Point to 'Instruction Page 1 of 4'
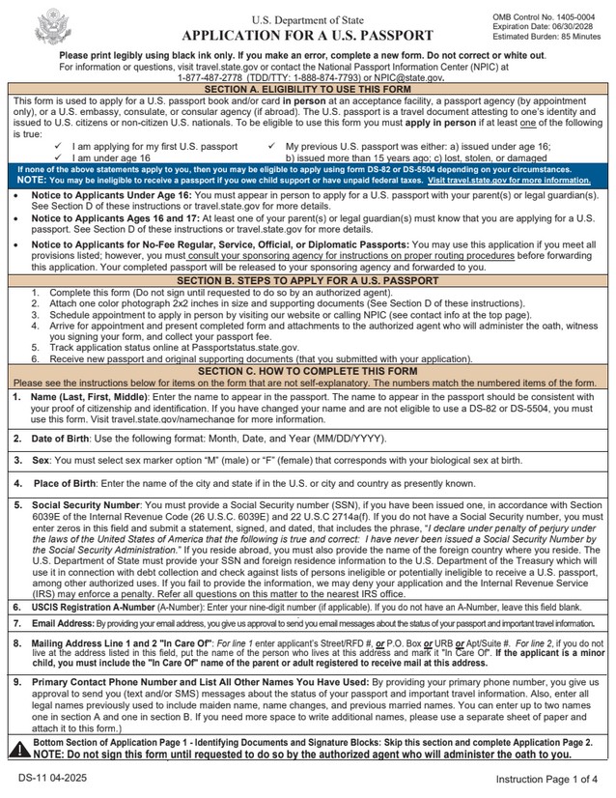click(546, 778)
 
